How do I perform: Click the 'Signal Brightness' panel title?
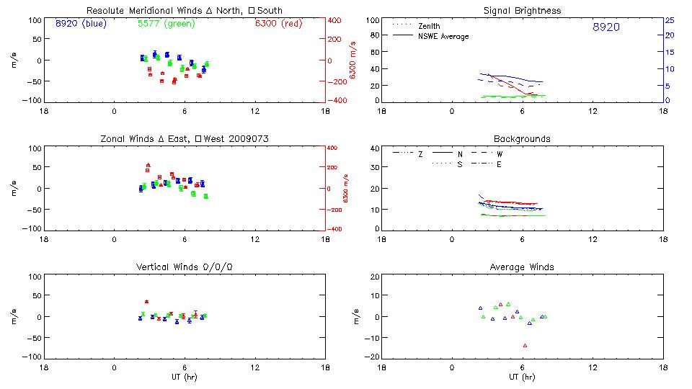pos(523,11)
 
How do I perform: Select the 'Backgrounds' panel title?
pos(522,138)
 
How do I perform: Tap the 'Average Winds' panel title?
pos(522,267)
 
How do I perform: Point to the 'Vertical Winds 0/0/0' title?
pos(185,267)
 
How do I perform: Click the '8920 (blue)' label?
pos(80,24)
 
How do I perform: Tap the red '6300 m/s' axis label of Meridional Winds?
pos(352,60)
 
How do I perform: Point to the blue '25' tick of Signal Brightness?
pos(669,20)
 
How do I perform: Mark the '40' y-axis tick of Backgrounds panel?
pos(375,149)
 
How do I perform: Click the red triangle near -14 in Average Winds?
pos(525,346)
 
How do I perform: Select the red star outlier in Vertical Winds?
pos(146,302)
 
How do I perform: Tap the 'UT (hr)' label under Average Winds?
pos(522,377)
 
